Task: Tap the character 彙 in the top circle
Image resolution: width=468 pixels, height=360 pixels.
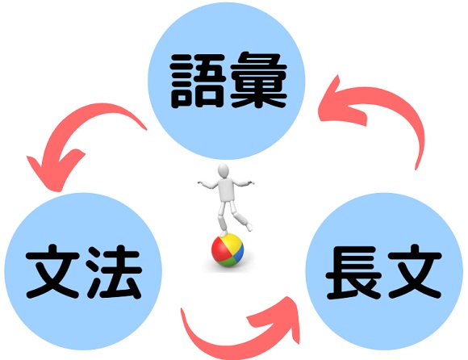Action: [258, 81]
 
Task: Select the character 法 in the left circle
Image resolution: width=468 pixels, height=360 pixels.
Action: [114, 272]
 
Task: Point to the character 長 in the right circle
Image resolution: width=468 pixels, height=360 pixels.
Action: [353, 273]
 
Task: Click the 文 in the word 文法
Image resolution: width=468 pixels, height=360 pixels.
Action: [52, 271]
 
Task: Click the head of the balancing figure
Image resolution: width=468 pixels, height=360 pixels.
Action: [223, 171]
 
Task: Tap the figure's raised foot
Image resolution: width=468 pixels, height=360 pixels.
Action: [249, 227]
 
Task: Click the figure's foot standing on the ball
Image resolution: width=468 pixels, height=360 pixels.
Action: [224, 233]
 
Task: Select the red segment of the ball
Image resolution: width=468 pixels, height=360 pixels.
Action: [219, 250]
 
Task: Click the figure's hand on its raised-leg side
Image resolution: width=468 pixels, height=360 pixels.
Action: [249, 182]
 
